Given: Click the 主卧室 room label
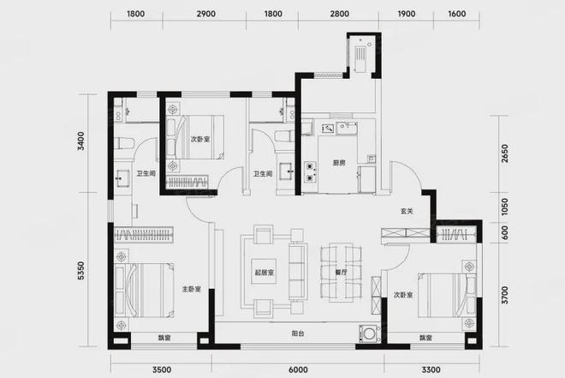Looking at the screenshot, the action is [192, 289].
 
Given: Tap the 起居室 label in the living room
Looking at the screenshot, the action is [265, 273].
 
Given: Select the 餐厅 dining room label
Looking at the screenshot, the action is [341, 273].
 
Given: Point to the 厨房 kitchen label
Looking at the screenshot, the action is [339, 163].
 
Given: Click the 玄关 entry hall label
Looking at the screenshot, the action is [407, 211].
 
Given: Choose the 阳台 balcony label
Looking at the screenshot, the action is [298, 333].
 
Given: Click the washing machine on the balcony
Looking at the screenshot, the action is [369, 333].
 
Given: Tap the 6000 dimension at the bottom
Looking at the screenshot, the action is [299, 369].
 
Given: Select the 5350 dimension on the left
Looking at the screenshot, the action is [81, 271].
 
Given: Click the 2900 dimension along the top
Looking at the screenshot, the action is [206, 14].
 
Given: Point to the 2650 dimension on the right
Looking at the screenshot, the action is [504, 153].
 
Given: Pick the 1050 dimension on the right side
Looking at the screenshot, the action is [504, 207].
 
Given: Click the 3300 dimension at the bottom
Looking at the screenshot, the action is [431, 369].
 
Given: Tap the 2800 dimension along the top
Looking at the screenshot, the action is [340, 14].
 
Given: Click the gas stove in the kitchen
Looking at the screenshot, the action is [310, 171].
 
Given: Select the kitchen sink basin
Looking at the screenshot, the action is [347, 128].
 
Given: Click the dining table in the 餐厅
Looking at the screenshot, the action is [341, 273].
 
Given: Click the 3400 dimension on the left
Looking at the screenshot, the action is [81, 141].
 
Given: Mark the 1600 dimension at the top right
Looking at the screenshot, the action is [457, 14].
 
